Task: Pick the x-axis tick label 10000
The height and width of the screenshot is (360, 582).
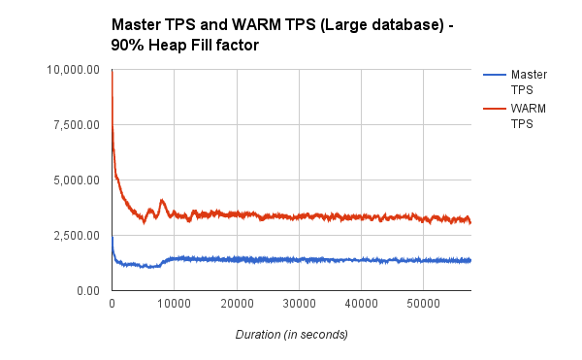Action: tap(175, 305)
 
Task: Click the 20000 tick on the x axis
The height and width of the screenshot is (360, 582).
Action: tap(237, 305)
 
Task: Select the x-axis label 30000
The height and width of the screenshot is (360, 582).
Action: tap(299, 305)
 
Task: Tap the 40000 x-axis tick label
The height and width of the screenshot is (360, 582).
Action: tap(361, 305)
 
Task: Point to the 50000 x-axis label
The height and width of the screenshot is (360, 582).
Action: tap(423, 305)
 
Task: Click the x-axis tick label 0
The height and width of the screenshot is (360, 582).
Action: tap(113, 305)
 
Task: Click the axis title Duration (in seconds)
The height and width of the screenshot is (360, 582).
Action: tap(291, 334)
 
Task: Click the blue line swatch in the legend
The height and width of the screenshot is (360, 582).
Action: tap(492, 74)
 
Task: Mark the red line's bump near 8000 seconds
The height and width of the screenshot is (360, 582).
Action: tap(162, 201)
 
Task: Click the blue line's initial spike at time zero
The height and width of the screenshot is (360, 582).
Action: tap(113, 239)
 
